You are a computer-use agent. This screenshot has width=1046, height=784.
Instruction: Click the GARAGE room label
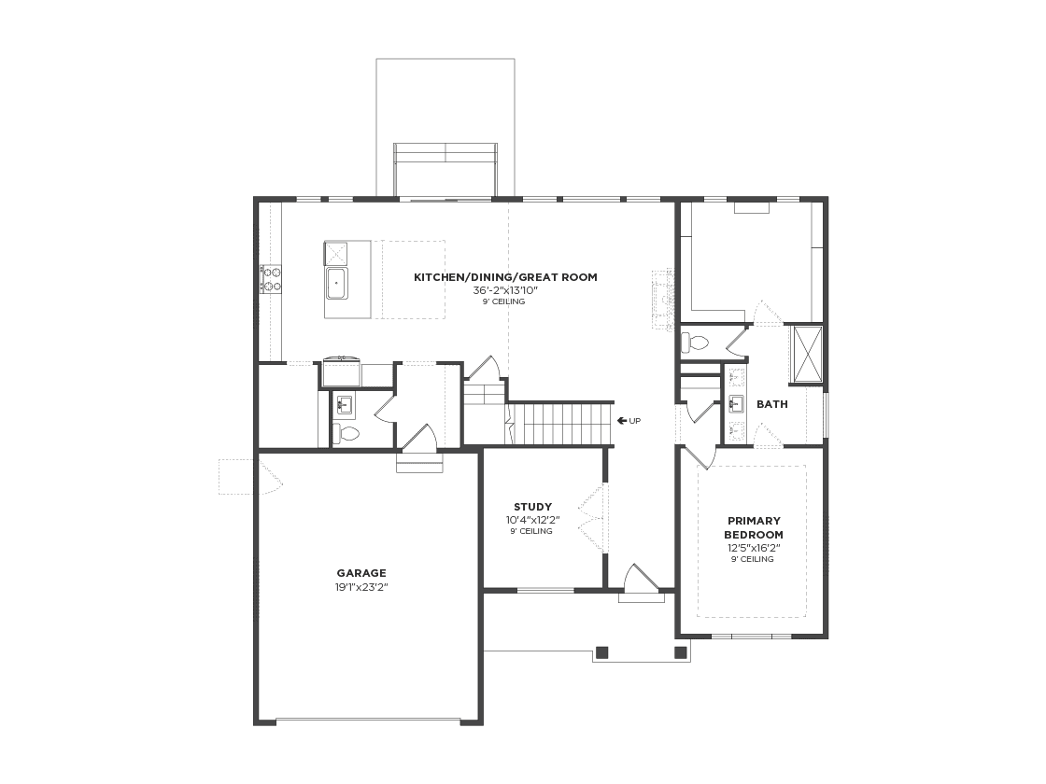360,573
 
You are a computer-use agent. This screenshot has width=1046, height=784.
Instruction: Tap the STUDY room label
532,507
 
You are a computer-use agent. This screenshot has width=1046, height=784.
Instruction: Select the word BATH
771,404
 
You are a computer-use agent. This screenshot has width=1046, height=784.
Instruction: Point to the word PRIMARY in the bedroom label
754,521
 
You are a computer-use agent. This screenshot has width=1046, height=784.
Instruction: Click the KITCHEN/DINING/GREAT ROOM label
505,277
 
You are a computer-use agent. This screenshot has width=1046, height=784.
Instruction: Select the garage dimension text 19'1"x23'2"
361,587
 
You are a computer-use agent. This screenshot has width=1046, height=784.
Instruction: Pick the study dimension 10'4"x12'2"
532,520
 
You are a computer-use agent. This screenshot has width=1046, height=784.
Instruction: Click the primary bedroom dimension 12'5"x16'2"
754,548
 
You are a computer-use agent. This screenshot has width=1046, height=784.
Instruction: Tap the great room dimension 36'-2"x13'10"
505,290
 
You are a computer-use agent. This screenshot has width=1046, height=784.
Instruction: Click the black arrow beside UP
622,421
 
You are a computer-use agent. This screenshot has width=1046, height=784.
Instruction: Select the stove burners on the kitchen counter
271,279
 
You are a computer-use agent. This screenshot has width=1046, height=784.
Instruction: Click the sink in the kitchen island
337,285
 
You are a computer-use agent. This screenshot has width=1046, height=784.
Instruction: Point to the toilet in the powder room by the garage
346,434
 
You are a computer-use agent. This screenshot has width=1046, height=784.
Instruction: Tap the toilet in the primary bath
695,343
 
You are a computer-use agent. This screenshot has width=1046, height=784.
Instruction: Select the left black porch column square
601,652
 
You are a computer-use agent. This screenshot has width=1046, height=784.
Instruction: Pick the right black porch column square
681,652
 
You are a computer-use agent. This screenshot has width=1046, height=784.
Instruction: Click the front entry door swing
641,578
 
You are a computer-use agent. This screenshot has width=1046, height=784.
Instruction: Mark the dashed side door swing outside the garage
251,477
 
